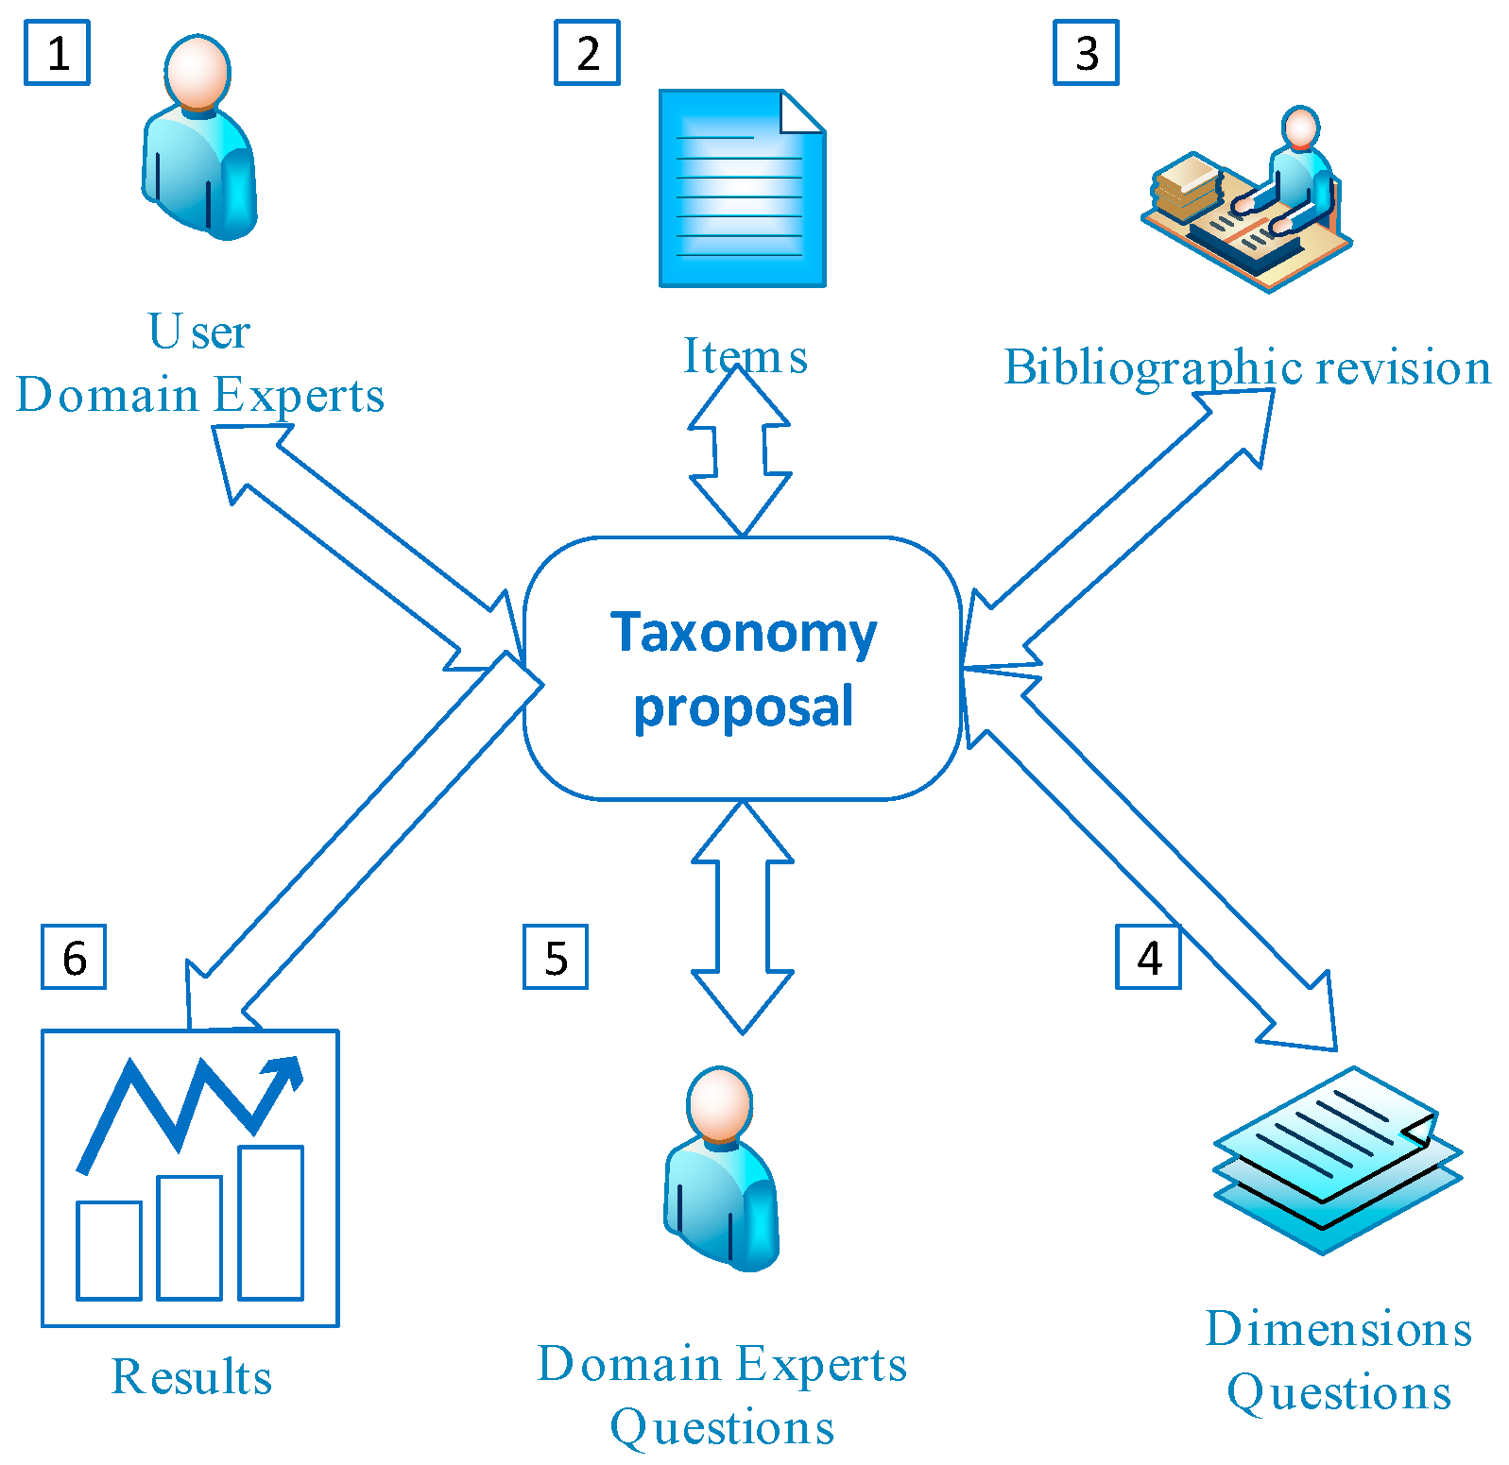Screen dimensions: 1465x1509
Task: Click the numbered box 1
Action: click(57, 53)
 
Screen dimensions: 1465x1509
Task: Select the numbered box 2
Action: click(587, 53)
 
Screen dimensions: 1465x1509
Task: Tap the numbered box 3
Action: click(1086, 53)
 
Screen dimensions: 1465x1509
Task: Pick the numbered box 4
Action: click(1148, 957)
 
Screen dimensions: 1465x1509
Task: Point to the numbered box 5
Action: click(556, 957)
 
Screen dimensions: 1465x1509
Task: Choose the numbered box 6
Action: click(74, 957)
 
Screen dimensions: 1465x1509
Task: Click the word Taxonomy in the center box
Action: click(744, 633)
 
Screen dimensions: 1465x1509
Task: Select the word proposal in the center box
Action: click(744, 708)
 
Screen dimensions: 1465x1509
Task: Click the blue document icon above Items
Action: click(742, 189)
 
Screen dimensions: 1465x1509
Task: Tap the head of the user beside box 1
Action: click(197, 72)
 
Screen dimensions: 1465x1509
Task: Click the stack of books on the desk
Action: click(1187, 187)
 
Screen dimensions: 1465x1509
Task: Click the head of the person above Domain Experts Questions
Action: click(720, 1103)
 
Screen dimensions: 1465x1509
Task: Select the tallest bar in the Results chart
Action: click(270, 1222)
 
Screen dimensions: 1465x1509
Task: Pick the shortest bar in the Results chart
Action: click(109, 1250)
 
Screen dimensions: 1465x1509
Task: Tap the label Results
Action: click(192, 1376)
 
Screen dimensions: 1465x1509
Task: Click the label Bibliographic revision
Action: click(1246, 367)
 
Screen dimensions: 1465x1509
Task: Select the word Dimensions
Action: click(1338, 1329)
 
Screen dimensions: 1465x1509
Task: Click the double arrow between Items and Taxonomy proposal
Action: click(741, 450)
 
